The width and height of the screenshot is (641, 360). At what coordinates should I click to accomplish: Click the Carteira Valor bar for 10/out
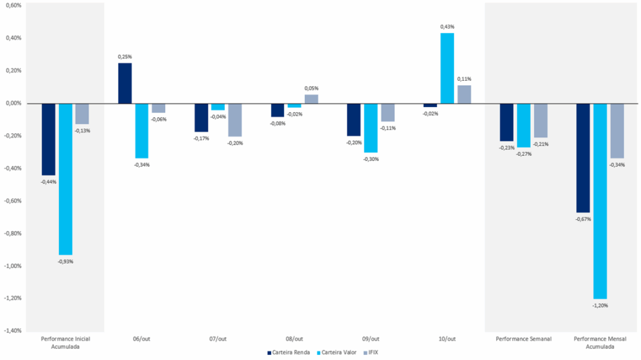pyautogui.click(x=447, y=68)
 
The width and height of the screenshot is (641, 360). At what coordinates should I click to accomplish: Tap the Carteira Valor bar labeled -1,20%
pyautogui.click(x=600, y=200)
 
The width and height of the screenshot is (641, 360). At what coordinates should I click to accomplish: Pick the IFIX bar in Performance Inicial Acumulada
pyautogui.click(x=82, y=113)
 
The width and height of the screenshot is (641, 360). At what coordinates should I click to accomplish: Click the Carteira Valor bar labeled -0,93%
pyautogui.click(x=65, y=178)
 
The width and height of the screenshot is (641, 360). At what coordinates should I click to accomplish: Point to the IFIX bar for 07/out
pyautogui.click(x=235, y=120)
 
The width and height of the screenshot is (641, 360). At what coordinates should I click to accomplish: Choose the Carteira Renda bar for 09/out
pyautogui.click(x=354, y=120)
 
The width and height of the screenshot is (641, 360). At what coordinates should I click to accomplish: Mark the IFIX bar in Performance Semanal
pyautogui.click(x=541, y=120)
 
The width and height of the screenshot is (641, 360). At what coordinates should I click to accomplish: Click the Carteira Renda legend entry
pyautogui.click(x=289, y=352)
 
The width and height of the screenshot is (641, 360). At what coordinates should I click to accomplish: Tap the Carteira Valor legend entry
pyautogui.click(x=339, y=352)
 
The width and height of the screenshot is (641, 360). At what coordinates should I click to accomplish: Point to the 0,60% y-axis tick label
pyautogui.click(x=13, y=5)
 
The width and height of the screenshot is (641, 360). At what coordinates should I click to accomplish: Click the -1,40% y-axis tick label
pyautogui.click(x=13, y=331)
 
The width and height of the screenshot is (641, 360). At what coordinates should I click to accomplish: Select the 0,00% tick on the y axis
pyautogui.click(x=13, y=103)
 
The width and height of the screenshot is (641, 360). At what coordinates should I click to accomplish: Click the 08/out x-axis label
pyautogui.click(x=294, y=339)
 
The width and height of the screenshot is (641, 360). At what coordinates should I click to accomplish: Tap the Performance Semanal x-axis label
pyautogui.click(x=524, y=339)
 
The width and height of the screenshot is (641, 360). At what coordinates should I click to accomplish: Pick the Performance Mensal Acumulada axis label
pyautogui.click(x=600, y=342)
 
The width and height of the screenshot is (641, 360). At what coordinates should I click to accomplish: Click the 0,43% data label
pyautogui.click(x=447, y=27)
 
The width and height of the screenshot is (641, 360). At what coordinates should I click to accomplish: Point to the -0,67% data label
pyautogui.click(x=583, y=219)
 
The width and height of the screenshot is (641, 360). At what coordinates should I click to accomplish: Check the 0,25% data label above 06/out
pyautogui.click(x=125, y=57)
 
